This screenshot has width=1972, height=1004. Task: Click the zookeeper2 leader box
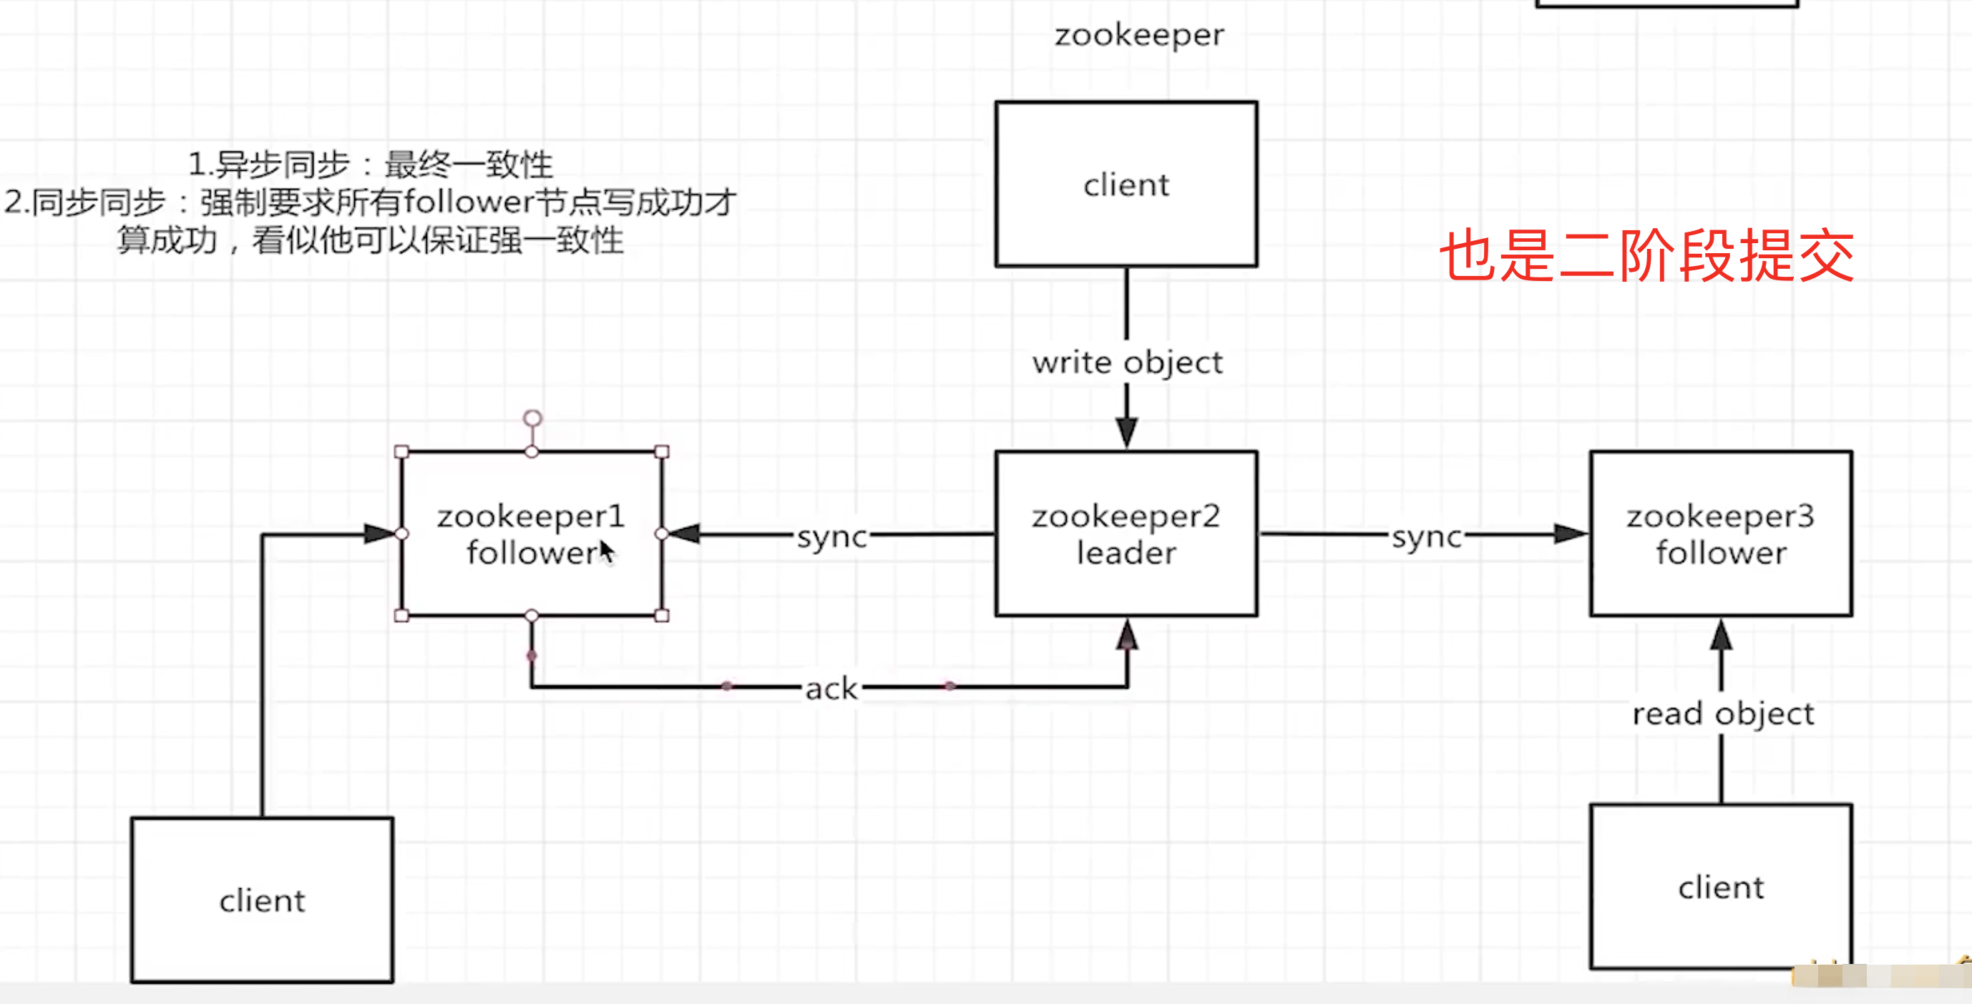pos(1126,533)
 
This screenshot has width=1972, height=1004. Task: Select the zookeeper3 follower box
pos(1720,533)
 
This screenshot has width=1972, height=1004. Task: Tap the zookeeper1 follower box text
pos(530,533)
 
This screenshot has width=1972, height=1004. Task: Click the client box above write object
pos(1126,184)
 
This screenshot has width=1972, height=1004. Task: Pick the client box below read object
pos(1720,887)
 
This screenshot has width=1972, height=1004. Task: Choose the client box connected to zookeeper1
pos(262,900)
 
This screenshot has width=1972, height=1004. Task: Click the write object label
pos(1127,362)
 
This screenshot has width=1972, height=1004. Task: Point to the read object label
pos(1722,713)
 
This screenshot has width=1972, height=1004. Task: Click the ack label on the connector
pos(831,688)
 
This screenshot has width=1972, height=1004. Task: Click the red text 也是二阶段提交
pos(1646,255)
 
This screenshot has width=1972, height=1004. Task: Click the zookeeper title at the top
pos(1139,34)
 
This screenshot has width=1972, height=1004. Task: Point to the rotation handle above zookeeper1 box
pos(532,418)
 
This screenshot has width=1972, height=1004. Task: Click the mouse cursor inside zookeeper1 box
pos(605,549)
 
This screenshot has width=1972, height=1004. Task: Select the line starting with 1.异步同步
pos(371,164)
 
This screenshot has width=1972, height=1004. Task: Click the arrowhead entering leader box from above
pos(1126,432)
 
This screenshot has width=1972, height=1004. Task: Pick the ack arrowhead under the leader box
pos(1126,634)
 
